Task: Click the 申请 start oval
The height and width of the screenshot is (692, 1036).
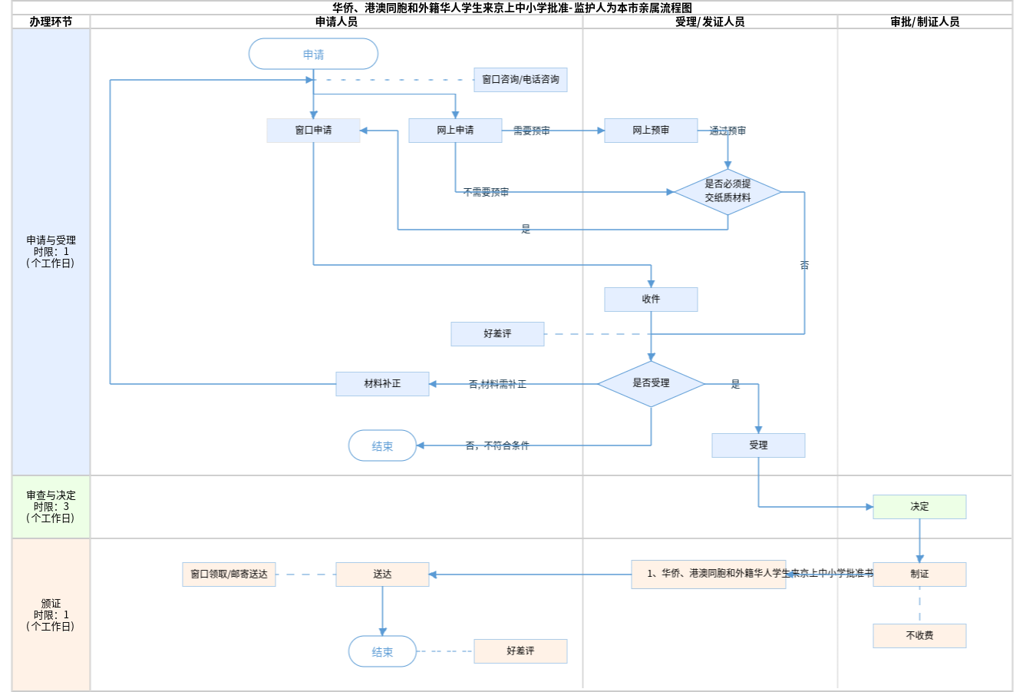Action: tap(313, 55)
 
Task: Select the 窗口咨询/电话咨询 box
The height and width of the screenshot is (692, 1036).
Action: tap(520, 80)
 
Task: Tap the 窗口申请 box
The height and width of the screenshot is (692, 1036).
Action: tap(313, 131)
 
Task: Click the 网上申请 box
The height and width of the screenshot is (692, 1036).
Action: tap(455, 131)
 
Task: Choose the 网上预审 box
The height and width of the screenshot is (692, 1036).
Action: tap(651, 131)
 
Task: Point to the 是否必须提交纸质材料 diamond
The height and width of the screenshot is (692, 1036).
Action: tap(728, 191)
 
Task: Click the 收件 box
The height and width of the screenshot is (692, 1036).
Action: tap(651, 300)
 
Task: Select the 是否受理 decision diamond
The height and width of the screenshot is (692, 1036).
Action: tap(651, 383)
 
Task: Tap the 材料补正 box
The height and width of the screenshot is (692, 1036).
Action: tap(382, 384)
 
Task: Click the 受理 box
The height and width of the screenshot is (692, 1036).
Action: tap(758, 445)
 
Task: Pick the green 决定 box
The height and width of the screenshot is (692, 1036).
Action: tap(919, 507)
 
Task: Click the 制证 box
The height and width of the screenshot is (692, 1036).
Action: tap(919, 574)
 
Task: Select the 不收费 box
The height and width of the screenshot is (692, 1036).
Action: tap(919, 636)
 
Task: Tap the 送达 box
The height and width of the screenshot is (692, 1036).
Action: tap(382, 574)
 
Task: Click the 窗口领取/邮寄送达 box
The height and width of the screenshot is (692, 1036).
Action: tap(229, 574)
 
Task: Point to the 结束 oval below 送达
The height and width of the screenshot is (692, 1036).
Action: tap(382, 651)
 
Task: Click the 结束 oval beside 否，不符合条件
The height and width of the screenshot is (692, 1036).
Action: tap(382, 445)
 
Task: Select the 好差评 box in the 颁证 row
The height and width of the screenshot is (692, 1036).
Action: tap(520, 651)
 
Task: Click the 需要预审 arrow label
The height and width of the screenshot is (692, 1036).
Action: tap(531, 131)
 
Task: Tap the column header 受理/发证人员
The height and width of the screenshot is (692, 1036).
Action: tap(710, 22)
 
